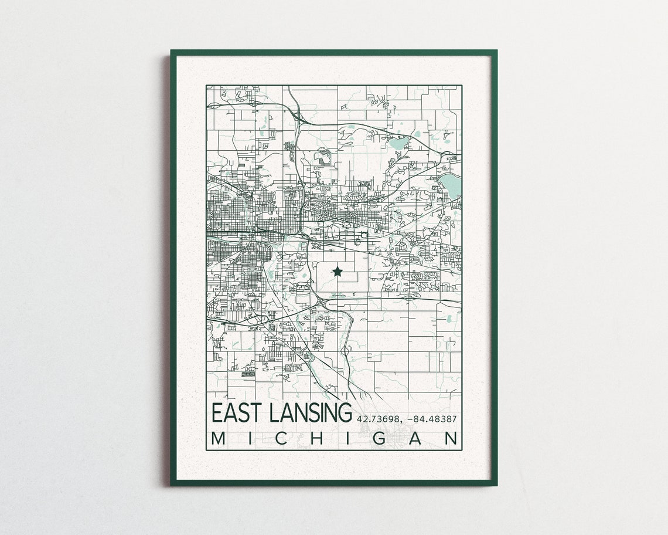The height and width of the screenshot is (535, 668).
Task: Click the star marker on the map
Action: point(338,270)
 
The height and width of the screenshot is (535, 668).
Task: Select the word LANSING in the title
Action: point(309,412)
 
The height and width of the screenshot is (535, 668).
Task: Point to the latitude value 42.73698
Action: point(376,419)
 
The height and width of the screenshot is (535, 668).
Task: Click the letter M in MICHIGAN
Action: point(218,439)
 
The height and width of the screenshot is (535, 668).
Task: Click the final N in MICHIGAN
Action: point(451,439)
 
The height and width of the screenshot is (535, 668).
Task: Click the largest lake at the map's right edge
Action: point(451,185)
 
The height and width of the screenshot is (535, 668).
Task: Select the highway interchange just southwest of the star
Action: point(322,297)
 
